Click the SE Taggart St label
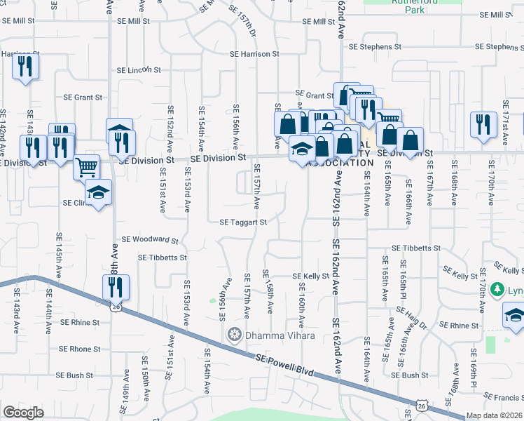pos(243,222)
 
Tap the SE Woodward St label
pos(150,240)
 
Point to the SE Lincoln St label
pos(139,70)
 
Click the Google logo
pos(23,413)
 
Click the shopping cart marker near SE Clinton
pos(86,167)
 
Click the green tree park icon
pos(497,290)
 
